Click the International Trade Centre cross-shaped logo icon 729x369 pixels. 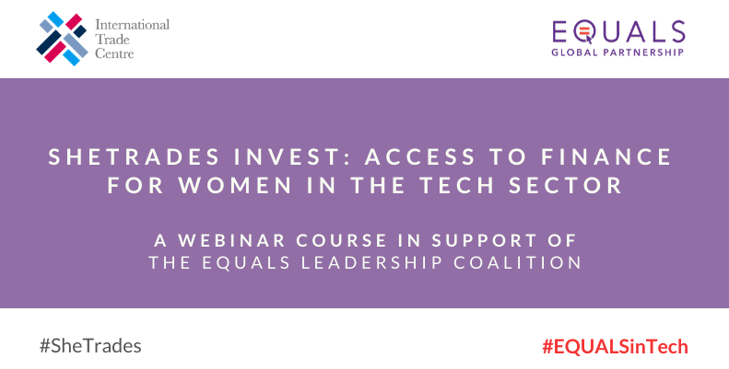coord(62,39)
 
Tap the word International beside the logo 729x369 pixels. coord(133,25)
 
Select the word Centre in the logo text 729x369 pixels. coord(114,53)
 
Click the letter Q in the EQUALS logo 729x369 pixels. coord(584,32)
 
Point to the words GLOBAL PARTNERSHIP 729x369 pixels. coord(617,52)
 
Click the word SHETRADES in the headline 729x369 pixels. coord(135,156)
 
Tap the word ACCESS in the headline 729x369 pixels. coord(420,156)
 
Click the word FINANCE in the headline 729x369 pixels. coord(606,156)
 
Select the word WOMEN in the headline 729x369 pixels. coord(235,185)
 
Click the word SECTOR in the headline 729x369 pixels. coord(565,185)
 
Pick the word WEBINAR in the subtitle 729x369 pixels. coord(232,240)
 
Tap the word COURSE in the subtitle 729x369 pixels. coord(342,240)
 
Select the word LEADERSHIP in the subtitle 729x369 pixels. coord(372,262)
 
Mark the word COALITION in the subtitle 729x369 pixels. coord(518,262)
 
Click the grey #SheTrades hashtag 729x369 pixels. coord(90,346)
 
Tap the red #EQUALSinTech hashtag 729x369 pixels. coord(615,347)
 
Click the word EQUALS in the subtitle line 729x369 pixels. coord(246,262)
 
